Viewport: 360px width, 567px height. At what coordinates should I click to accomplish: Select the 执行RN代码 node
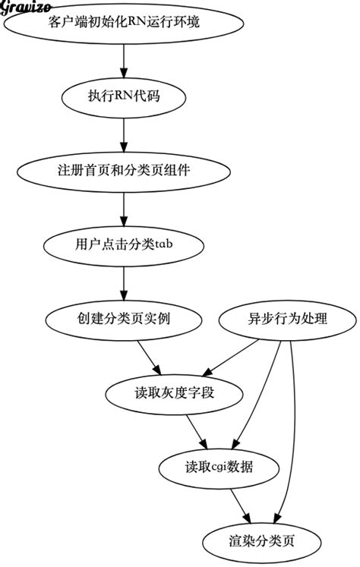[123, 96]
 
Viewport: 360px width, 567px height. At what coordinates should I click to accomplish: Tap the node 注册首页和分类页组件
[123, 170]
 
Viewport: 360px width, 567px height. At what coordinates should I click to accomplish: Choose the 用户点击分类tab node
[123, 244]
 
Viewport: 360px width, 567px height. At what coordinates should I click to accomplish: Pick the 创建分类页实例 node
[123, 318]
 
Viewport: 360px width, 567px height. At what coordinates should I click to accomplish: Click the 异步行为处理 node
[283, 318]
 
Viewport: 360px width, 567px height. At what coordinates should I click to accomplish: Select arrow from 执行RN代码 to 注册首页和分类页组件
[123, 133]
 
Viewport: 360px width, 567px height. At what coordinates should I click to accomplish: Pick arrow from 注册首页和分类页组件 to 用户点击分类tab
[123, 206]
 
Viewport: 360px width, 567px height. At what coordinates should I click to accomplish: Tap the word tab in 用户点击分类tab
[166, 244]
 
